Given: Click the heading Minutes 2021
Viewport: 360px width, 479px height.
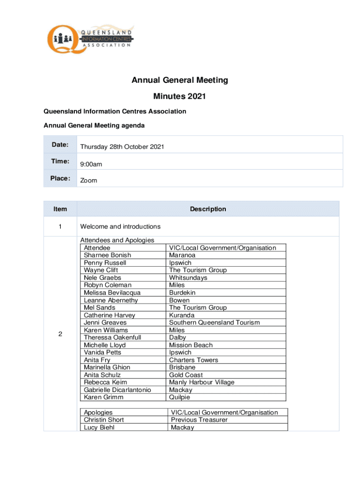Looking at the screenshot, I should (180, 97).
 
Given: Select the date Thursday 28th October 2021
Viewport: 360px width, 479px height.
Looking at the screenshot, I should (122, 147).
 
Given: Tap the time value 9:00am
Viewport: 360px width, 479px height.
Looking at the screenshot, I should (91, 164).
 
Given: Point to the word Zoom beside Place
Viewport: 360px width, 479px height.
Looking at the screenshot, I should (89, 181).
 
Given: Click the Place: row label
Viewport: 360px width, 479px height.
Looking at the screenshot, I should (60, 178).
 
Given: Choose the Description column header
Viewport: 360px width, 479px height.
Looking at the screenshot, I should (208, 209).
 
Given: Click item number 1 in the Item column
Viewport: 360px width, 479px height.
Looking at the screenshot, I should (60, 227).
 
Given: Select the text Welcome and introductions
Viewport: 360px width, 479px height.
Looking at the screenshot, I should (120, 227).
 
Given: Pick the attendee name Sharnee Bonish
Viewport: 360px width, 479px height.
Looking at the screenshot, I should (108, 255).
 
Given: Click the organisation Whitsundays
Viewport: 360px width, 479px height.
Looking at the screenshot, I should (188, 278).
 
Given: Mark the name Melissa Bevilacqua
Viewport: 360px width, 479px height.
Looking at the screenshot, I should (112, 293).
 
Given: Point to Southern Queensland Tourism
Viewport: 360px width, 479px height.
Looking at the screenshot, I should (214, 323).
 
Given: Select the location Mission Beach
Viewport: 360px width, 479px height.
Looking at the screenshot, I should (191, 345).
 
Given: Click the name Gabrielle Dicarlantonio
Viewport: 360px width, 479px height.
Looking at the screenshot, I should (117, 390).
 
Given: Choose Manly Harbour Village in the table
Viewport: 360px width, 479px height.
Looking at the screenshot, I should (202, 383).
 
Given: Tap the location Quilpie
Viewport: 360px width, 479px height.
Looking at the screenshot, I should (180, 398).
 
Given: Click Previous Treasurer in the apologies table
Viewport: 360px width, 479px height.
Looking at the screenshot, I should (199, 420).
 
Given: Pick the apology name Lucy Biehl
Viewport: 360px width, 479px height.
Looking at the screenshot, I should (100, 428).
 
